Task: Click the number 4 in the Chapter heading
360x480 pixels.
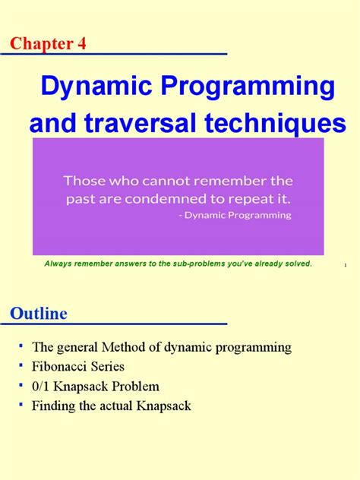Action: coord(81,43)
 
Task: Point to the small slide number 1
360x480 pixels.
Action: coord(345,265)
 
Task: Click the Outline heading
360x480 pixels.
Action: coord(39,313)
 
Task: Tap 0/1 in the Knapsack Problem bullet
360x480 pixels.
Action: coord(42,387)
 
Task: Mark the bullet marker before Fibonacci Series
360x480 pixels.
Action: coord(22,365)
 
